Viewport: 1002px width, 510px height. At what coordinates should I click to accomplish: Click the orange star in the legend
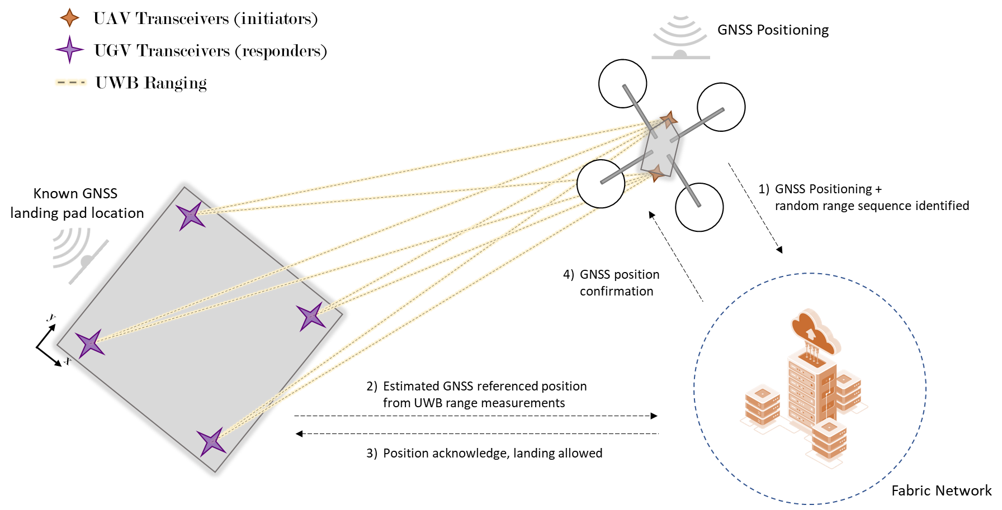coord(70,18)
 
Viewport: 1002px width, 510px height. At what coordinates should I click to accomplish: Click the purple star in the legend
coord(70,50)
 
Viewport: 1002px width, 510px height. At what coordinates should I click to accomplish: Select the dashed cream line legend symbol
coord(71,83)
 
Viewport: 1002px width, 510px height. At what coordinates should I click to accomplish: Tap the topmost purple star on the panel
coord(191,216)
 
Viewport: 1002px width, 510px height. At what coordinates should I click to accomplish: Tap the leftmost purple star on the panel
coord(90,344)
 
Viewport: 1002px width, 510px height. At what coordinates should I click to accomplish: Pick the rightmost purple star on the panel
coord(311,317)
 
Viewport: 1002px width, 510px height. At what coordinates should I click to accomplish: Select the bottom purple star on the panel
coord(211,442)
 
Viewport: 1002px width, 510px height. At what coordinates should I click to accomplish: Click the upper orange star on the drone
coord(668,119)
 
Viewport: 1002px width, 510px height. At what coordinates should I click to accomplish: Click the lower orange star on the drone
coord(656,173)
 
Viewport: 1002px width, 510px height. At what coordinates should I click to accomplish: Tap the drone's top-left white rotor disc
coord(622,84)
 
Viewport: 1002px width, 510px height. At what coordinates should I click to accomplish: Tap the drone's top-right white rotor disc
coord(721,107)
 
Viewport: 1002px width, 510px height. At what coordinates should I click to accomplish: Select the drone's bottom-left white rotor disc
coord(601,184)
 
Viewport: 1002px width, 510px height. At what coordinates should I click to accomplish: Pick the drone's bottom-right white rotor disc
coord(699,207)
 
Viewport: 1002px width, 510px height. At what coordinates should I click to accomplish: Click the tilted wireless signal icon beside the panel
coord(78,254)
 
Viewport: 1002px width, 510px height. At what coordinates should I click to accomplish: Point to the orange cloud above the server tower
coord(814,331)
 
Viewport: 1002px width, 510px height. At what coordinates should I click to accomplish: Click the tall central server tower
coord(811,391)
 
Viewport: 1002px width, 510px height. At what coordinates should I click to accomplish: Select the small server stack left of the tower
coord(762,405)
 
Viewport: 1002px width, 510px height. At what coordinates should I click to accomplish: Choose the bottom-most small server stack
coord(829,440)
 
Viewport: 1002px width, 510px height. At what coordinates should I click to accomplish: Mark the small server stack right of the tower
coord(848,390)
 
